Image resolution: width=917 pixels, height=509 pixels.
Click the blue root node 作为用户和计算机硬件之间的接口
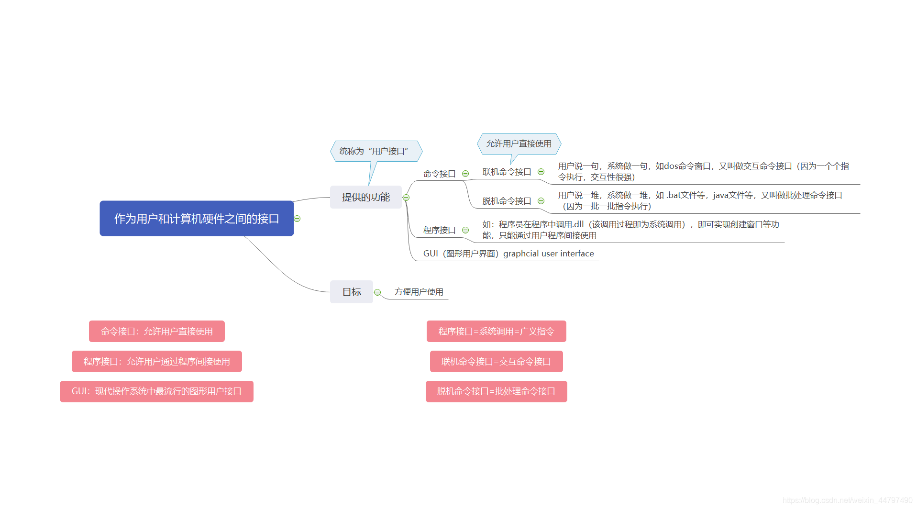click(x=197, y=219)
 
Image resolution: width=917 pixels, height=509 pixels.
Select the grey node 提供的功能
click(x=365, y=197)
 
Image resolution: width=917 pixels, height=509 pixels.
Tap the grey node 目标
click(x=352, y=292)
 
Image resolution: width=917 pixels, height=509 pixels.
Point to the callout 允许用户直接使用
click(x=519, y=144)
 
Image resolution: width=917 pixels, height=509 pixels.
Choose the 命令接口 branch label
click(x=439, y=174)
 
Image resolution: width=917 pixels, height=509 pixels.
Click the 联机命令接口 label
click(x=507, y=172)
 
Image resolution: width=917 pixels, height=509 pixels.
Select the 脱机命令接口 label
click(x=507, y=201)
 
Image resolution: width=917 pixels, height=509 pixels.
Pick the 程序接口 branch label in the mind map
click(x=439, y=230)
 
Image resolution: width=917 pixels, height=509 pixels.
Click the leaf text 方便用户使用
click(x=419, y=292)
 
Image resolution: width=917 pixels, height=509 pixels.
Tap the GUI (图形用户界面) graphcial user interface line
click(x=508, y=254)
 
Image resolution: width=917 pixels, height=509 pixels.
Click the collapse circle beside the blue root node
click(x=297, y=219)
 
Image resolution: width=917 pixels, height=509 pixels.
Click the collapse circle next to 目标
click(x=377, y=292)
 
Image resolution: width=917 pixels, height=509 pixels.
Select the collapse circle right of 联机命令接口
click(x=541, y=172)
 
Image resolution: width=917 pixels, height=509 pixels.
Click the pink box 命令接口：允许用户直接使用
click(x=157, y=332)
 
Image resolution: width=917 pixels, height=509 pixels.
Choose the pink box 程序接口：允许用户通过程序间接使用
click(x=157, y=362)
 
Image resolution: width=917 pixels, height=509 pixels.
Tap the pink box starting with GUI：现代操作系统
click(x=156, y=391)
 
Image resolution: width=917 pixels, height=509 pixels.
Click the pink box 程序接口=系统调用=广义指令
click(x=496, y=332)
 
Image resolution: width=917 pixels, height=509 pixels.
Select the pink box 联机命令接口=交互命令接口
click(x=496, y=362)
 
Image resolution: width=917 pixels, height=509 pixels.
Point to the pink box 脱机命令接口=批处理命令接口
click(x=496, y=391)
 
